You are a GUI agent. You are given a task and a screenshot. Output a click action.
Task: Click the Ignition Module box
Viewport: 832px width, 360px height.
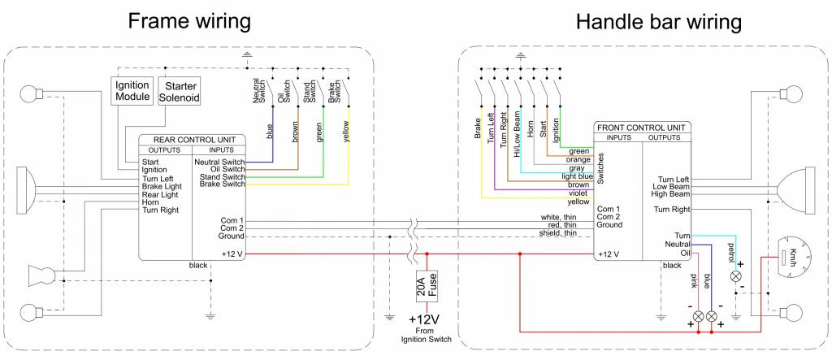pos(132,91)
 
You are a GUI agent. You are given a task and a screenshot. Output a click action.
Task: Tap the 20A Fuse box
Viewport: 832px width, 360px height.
pos(427,287)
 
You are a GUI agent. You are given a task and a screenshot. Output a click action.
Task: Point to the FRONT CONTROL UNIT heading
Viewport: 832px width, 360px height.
pos(643,128)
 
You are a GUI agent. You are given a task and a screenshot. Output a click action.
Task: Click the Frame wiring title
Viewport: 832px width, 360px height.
pos(188,21)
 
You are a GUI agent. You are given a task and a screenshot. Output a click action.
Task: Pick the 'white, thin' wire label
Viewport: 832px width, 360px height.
pos(559,218)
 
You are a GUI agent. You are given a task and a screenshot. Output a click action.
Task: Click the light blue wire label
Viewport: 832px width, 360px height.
pos(574,176)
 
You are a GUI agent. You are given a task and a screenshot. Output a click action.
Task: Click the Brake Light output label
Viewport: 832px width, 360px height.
pos(162,186)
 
